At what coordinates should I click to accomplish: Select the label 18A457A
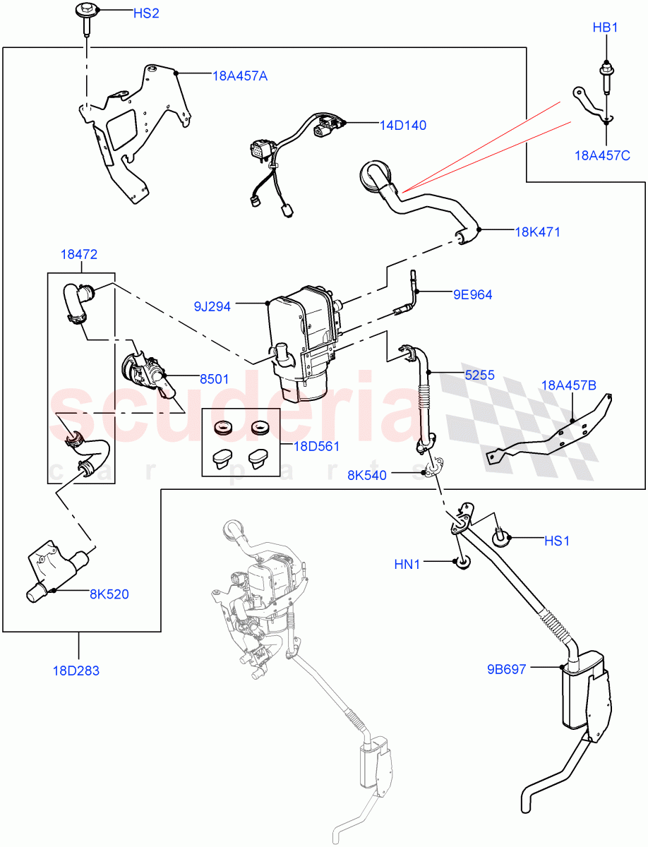(239, 76)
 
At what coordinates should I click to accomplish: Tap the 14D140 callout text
(403, 125)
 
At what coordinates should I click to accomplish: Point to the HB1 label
(605, 28)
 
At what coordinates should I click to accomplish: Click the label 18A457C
(601, 155)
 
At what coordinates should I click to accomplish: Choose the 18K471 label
(537, 232)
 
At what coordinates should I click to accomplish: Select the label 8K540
(366, 475)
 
